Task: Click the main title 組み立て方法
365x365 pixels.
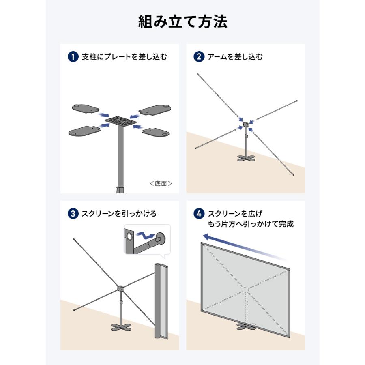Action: tap(183, 21)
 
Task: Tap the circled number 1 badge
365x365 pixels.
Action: tap(73, 57)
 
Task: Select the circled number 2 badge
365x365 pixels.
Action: tap(199, 57)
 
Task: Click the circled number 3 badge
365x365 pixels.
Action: tap(73, 214)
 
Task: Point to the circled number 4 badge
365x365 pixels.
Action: tap(199, 214)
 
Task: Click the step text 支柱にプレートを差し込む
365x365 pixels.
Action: tap(125, 57)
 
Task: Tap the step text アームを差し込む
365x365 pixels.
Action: tap(235, 57)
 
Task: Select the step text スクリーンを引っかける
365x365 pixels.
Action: tap(119, 214)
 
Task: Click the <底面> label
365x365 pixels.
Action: tap(161, 184)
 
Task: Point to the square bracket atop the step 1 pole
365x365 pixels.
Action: tap(120, 120)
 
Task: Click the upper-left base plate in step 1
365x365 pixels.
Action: tap(86, 108)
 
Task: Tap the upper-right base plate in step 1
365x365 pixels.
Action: tap(155, 110)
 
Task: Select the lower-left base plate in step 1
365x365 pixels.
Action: tap(85, 131)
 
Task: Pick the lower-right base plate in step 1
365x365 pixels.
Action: tap(156, 132)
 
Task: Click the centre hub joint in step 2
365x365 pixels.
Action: tap(245, 125)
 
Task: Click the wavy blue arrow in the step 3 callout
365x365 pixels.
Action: tap(145, 236)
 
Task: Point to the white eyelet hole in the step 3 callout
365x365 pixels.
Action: tap(129, 237)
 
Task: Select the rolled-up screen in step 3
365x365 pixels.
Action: tap(161, 301)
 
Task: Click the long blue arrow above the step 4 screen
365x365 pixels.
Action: tap(245, 247)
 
